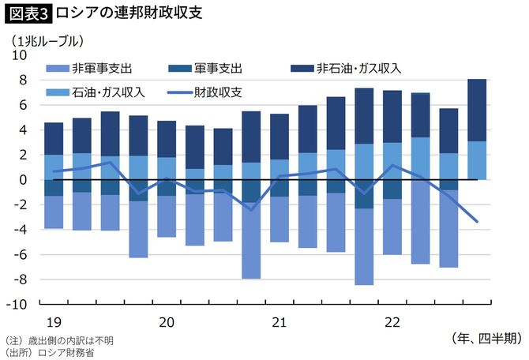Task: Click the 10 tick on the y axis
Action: pos(19,55)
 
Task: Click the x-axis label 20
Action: pos(166,322)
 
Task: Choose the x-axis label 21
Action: pos(280,322)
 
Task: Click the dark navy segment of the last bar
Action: pos(478,110)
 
